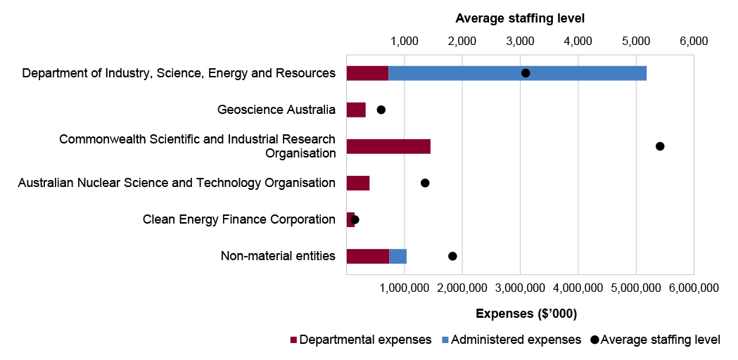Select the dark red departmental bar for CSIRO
[388, 146]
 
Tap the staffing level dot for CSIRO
[660, 146]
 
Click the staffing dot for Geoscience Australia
[381, 110]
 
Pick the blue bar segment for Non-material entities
[397, 256]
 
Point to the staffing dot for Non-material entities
[452, 256]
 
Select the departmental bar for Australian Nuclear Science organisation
[358, 183]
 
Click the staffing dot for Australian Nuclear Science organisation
[425, 183]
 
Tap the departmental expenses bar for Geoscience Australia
[356, 110]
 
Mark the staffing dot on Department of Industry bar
[526, 73]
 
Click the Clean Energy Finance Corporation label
[238, 219]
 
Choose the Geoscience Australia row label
[276, 110]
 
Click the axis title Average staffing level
[520, 18]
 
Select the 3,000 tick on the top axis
[520, 41]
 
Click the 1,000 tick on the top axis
[405, 41]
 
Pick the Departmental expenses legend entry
[360, 340]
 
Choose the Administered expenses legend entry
[511, 340]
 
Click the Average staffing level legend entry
[655, 340]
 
